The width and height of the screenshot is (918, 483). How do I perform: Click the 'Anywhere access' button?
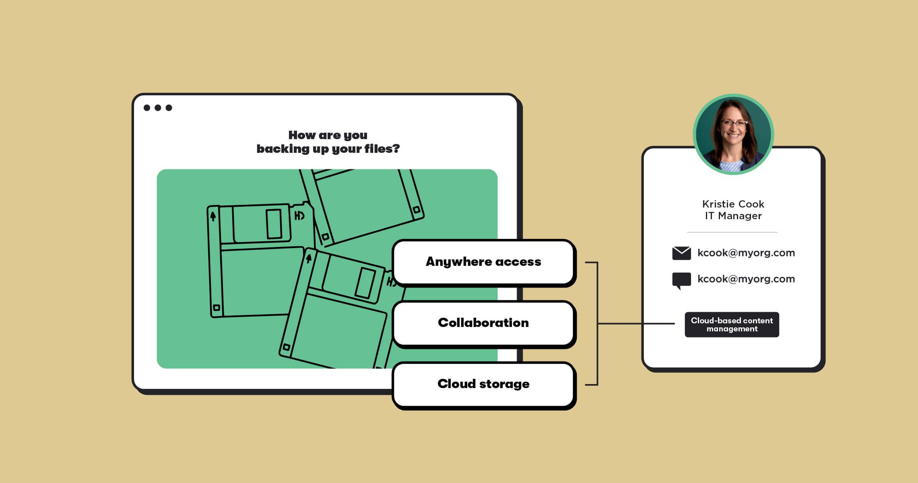(483, 262)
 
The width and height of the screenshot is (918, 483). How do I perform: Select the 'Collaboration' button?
(483, 323)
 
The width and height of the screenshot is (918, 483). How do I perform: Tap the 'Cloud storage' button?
(483, 384)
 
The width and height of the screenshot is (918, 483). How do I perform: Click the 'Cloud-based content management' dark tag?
(732, 325)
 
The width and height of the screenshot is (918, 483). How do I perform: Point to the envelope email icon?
(681, 253)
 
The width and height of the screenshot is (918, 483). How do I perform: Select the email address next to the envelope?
(746, 253)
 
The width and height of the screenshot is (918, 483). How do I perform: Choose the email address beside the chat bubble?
(746, 279)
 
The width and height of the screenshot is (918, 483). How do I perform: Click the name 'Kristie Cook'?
(733, 204)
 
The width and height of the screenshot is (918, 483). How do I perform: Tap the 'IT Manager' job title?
(733, 216)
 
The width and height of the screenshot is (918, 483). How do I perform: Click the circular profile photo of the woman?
(733, 134)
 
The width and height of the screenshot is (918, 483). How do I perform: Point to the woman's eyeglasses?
(734, 123)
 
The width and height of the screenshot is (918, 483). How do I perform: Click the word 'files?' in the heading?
(382, 149)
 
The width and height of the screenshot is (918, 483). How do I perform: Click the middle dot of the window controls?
(158, 108)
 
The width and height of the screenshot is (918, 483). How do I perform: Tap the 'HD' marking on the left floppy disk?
(299, 216)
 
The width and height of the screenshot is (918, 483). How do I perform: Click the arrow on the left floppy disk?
(213, 217)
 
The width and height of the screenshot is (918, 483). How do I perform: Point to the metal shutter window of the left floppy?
(274, 224)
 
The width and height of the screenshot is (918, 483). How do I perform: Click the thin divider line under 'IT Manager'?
(732, 232)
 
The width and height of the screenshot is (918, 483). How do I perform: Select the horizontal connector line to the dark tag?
(636, 323)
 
